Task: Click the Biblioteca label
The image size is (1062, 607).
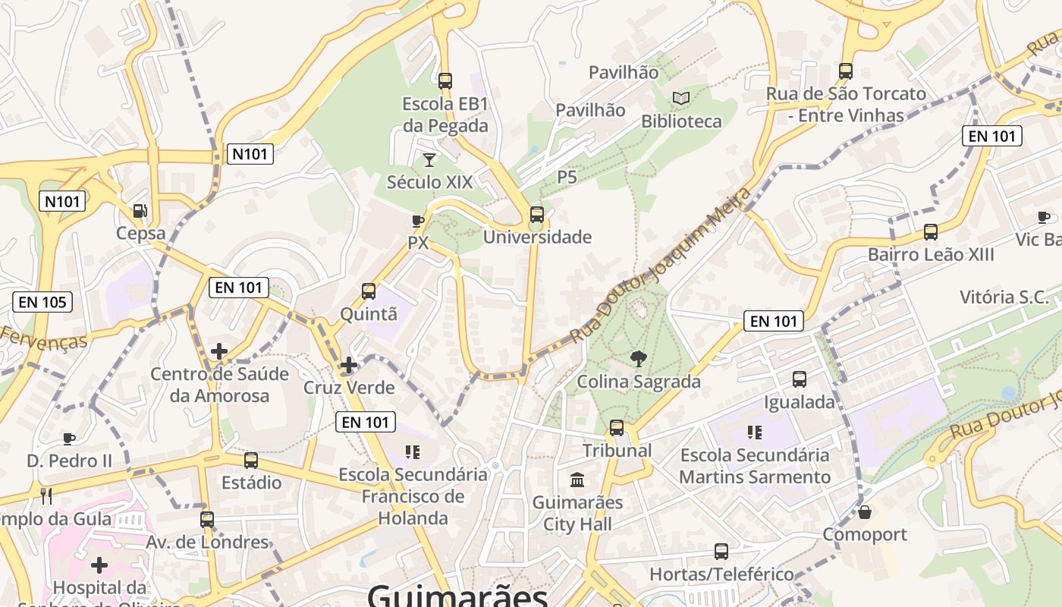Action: [x=681, y=121]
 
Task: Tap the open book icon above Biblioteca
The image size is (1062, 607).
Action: [x=681, y=98]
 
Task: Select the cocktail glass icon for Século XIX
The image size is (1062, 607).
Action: [x=429, y=159]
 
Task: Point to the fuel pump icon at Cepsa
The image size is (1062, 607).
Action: [x=140, y=210]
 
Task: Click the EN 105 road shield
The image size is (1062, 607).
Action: [x=43, y=302]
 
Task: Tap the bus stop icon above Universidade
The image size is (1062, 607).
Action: [x=537, y=215]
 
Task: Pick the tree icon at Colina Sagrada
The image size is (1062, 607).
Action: [x=639, y=359]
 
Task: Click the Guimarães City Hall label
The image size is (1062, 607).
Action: [x=577, y=513]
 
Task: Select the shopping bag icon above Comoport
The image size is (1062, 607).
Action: [x=865, y=512]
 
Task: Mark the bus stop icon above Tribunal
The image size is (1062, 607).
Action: [x=617, y=428]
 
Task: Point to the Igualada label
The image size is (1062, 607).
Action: [x=799, y=402]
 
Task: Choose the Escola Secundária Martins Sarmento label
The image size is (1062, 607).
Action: [x=755, y=466]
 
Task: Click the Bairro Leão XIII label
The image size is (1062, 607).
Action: [x=931, y=254]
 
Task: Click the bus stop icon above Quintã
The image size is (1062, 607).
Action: [x=369, y=291]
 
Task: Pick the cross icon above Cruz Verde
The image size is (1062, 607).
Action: [x=349, y=365]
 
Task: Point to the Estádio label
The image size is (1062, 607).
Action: [x=251, y=483]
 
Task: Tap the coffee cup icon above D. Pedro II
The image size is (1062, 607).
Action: [x=69, y=439]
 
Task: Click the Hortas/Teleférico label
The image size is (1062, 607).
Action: [x=721, y=574]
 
